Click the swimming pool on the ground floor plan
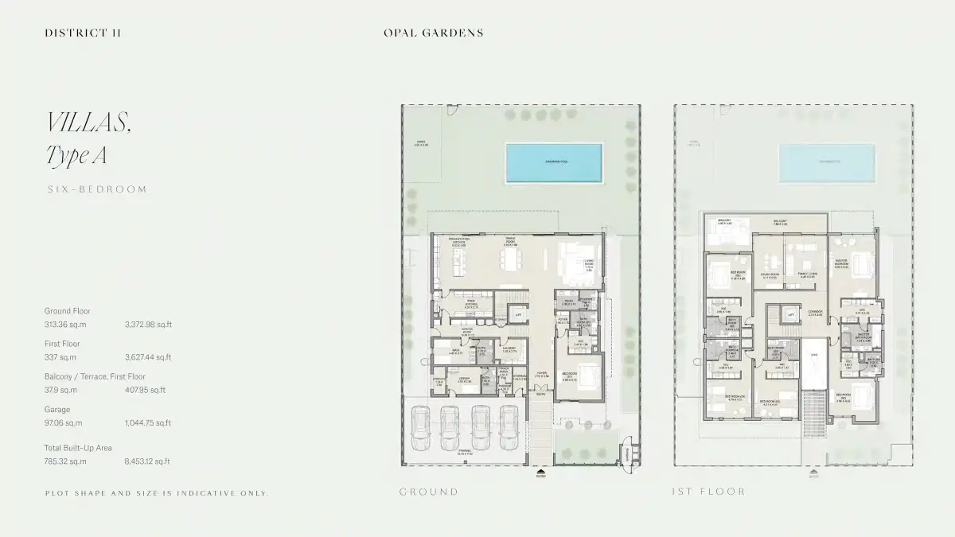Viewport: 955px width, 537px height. pyautogui.click(x=553, y=161)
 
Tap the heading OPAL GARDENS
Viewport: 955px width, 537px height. pyautogui.click(x=433, y=33)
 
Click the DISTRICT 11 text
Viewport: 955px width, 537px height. pyautogui.click(x=83, y=33)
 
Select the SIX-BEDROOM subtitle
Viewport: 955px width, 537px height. pyautogui.click(x=97, y=189)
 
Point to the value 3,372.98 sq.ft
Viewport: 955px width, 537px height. pyautogui.click(x=148, y=325)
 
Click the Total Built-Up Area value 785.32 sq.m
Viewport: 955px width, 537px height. pyautogui.click(x=65, y=461)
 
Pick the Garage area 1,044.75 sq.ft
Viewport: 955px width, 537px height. pyautogui.click(x=148, y=423)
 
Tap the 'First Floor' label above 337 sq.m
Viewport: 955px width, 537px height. pyautogui.click(x=62, y=344)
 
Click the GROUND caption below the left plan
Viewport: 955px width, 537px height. pyautogui.click(x=429, y=492)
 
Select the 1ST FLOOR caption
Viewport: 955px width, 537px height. pyautogui.click(x=708, y=492)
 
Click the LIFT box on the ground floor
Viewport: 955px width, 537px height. pyautogui.click(x=518, y=315)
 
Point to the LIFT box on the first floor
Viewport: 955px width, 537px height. pyautogui.click(x=791, y=315)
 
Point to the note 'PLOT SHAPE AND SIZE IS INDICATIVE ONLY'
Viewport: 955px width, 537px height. pyautogui.click(x=157, y=493)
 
